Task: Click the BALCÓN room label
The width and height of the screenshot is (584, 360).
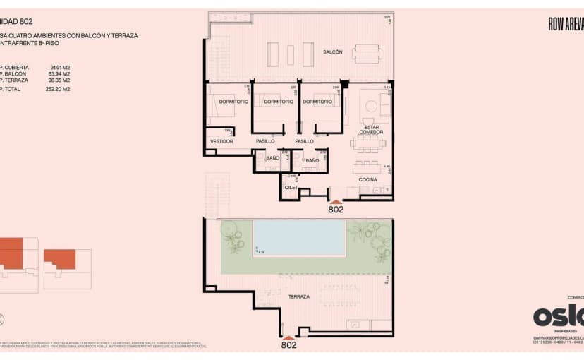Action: click(333, 52)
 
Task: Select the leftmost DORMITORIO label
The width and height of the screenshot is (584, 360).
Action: click(233, 102)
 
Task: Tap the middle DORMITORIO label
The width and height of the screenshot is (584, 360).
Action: click(278, 102)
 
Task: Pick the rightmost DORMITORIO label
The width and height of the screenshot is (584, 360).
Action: click(321, 102)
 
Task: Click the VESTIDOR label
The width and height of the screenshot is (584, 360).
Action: click(221, 142)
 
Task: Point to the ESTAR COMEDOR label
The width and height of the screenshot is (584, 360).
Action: click(371, 130)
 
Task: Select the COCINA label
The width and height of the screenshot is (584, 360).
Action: click(367, 180)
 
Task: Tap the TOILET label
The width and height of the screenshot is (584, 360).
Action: click(290, 188)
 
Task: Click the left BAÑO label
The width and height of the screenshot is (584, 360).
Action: click(272, 160)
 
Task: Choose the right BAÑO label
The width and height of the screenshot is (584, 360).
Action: click(312, 160)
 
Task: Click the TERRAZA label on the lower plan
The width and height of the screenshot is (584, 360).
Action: click(298, 297)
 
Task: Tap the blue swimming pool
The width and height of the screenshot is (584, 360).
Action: click(299, 237)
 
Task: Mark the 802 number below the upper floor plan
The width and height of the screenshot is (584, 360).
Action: click(336, 210)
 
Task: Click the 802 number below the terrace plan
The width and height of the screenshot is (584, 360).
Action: click(288, 345)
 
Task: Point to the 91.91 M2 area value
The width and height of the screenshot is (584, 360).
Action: click(61, 66)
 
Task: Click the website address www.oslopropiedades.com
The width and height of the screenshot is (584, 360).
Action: click(558, 338)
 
